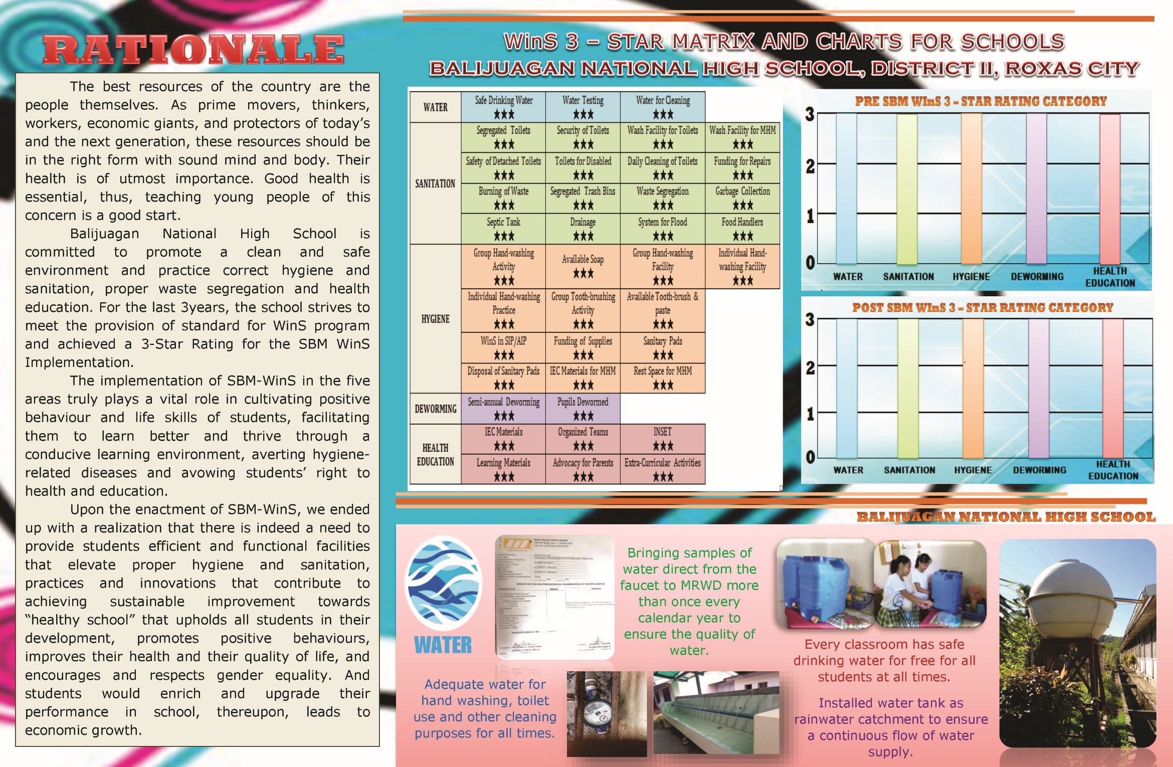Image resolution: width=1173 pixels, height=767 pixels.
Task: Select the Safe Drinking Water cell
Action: pyautogui.click(x=503, y=107)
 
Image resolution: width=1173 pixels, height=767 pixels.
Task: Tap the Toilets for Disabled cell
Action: pyautogui.click(x=583, y=167)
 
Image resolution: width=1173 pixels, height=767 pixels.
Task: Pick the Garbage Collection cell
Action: pyautogui.click(x=742, y=198)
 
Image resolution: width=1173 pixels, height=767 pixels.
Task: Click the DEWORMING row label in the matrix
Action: pyautogui.click(x=435, y=409)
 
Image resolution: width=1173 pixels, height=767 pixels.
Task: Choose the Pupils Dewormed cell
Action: pyautogui.click(x=583, y=408)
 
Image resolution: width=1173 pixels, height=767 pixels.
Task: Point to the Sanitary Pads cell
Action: pyautogui.click(x=663, y=348)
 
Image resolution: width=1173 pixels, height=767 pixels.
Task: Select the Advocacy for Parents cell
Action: pyautogui.click(x=583, y=469)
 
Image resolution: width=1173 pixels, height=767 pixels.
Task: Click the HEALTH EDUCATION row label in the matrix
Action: pyautogui.click(x=435, y=454)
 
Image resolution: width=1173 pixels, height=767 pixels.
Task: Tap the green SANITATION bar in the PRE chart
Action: pyautogui.click(x=907, y=188)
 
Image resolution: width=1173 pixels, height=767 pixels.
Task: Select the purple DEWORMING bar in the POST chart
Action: pyautogui.click(x=1039, y=389)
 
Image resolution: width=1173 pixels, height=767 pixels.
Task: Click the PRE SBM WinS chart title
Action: pyautogui.click(x=981, y=101)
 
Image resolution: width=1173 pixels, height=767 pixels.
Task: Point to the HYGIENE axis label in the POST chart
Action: pyautogui.click(x=972, y=470)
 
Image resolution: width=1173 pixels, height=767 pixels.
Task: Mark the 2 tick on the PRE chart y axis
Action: pyautogui.click(x=810, y=166)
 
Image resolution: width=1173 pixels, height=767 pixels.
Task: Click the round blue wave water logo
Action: pyautogui.click(x=443, y=583)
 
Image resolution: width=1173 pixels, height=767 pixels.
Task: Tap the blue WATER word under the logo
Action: pyautogui.click(x=443, y=645)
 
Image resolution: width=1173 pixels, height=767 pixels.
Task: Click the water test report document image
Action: pyautogui.click(x=554, y=597)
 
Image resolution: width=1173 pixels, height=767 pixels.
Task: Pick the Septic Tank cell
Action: pyautogui.click(x=503, y=229)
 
